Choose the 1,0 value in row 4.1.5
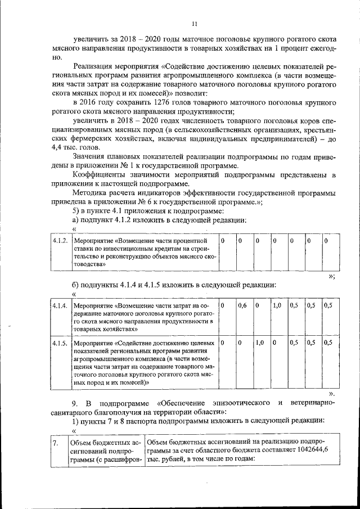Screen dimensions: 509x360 click(259, 342)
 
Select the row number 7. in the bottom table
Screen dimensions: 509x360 click(56, 443)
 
